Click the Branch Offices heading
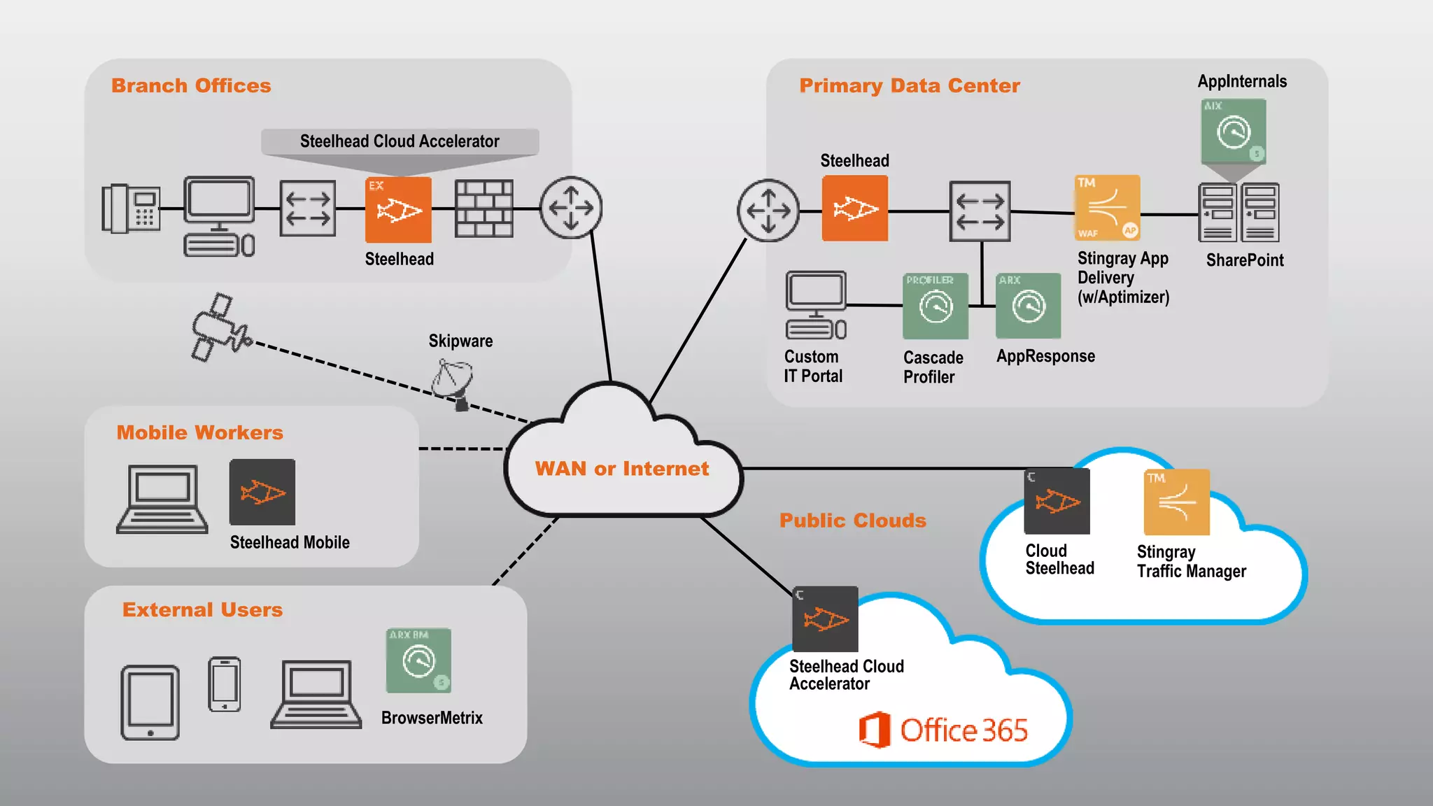pyautogui.click(x=191, y=85)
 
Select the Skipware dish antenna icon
pyautogui.click(x=453, y=381)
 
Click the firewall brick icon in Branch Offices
pyautogui.click(x=483, y=208)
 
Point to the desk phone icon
pyautogui.click(x=131, y=208)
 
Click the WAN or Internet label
pyautogui.click(x=621, y=469)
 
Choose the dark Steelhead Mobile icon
pyautogui.click(x=262, y=492)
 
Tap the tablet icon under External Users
pyautogui.click(x=150, y=702)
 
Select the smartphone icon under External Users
pyautogui.click(x=225, y=684)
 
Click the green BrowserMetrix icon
pyautogui.click(x=418, y=660)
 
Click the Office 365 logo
pyautogui.click(x=943, y=730)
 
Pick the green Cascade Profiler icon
pyautogui.click(x=936, y=306)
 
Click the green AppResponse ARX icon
pyautogui.click(x=1028, y=306)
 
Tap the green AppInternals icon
pyautogui.click(x=1234, y=131)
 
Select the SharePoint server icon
pyautogui.click(x=1238, y=212)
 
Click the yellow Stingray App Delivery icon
pyautogui.click(x=1107, y=208)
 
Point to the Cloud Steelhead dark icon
pyautogui.click(x=1057, y=501)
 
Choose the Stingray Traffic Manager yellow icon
pyautogui.click(x=1176, y=502)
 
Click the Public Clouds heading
pyautogui.click(x=852, y=521)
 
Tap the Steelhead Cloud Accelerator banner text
pyautogui.click(x=400, y=141)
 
